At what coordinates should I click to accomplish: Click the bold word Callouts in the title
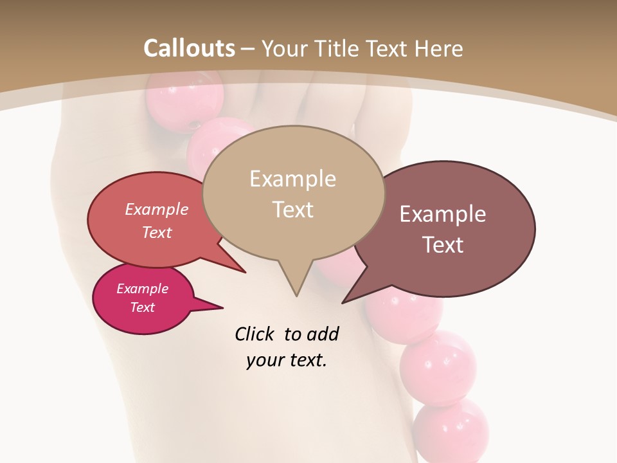click(189, 48)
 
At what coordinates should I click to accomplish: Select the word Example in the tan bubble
click(292, 179)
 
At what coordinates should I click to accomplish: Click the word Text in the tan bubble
click(292, 210)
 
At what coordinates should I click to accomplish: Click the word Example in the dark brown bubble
click(443, 214)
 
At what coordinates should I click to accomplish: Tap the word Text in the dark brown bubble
click(443, 245)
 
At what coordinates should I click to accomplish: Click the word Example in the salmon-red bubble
click(157, 209)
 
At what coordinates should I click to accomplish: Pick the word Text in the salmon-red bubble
click(157, 232)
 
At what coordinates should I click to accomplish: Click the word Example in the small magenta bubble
click(142, 289)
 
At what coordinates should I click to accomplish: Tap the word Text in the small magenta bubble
click(142, 307)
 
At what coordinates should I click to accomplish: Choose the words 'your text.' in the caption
click(286, 360)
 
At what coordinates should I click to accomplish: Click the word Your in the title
click(283, 48)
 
